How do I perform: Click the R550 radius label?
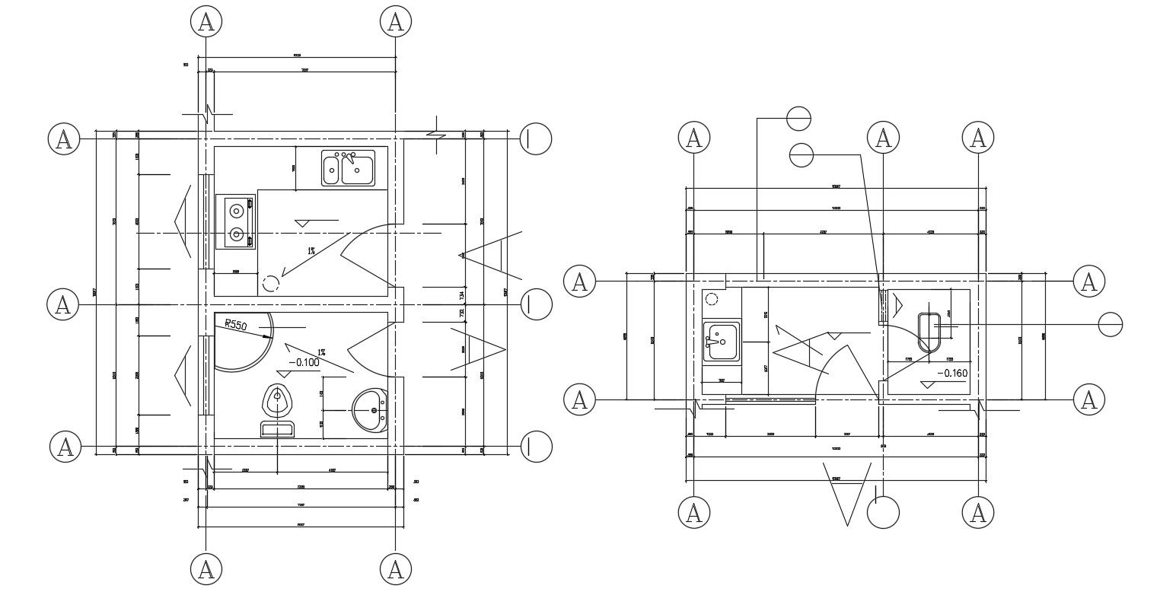pyautogui.click(x=237, y=325)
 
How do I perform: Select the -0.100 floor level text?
pyautogui.click(x=302, y=362)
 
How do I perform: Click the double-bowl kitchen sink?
pyautogui.click(x=348, y=168)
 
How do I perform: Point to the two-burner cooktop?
pyautogui.click(x=235, y=221)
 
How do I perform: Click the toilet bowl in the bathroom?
pyautogui.click(x=278, y=400)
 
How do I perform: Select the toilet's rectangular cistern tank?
pyautogui.click(x=278, y=430)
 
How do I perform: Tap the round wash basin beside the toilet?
pyautogui.click(x=371, y=411)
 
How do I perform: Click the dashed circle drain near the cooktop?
pyautogui.click(x=270, y=285)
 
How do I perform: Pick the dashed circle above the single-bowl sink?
pyautogui.click(x=712, y=299)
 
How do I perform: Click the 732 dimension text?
pyautogui.click(x=461, y=313)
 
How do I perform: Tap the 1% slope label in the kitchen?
pyautogui.click(x=311, y=250)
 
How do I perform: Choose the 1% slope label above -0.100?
pyautogui.click(x=322, y=350)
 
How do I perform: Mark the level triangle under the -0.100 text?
pyautogui.click(x=285, y=374)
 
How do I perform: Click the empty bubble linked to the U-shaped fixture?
pyautogui.click(x=1111, y=325)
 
